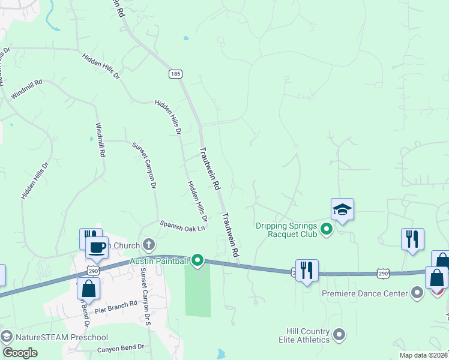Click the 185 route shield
175,74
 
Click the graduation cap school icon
342,209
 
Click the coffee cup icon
96,247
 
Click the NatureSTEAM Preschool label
62,337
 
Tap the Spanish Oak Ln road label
182,226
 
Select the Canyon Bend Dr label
121,347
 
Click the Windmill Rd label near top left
26,89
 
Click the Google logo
20,352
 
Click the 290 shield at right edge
384,274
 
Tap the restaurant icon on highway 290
307,270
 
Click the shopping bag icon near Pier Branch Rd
89,288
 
